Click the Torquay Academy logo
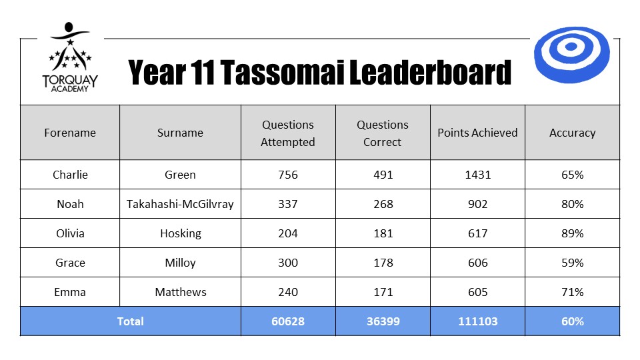click(70, 57)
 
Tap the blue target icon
click(571, 55)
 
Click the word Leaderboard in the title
click(430, 72)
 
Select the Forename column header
click(70, 133)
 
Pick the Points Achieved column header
click(477, 133)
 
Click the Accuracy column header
click(572, 133)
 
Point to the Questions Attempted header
click(288, 133)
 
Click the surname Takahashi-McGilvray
click(180, 204)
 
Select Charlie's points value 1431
click(477, 175)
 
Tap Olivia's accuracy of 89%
click(572, 233)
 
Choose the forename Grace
click(70, 263)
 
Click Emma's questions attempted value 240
click(288, 292)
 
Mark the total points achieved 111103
click(477, 321)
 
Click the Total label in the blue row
click(131, 321)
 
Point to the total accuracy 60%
click(572, 321)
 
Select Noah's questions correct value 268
click(383, 204)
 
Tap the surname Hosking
click(181, 233)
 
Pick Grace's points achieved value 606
click(477, 263)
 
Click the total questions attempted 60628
click(288, 321)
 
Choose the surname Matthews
click(181, 292)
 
